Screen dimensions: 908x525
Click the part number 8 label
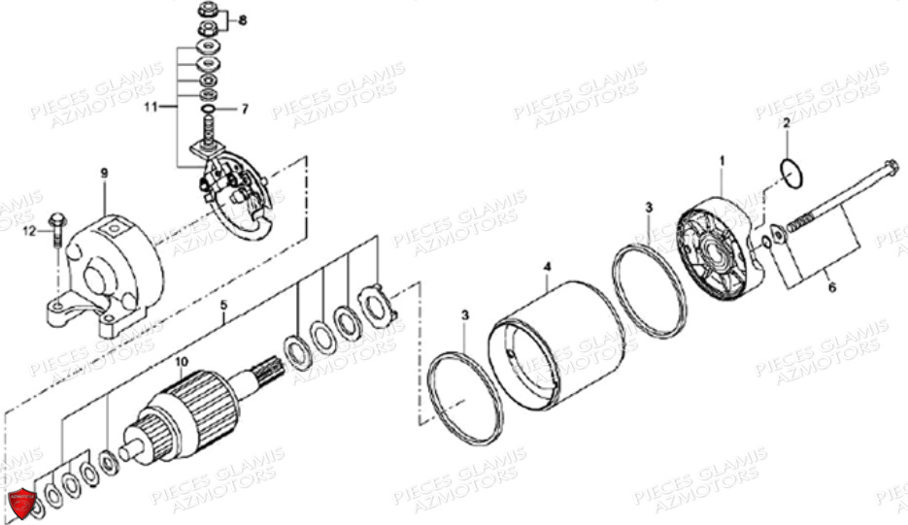pyautogui.click(x=243, y=20)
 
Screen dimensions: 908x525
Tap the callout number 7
pyautogui.click(x=245, y=109)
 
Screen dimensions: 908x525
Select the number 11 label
pyautogui.click(x=151, y=107)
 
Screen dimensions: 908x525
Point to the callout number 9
pyautogui.click(x=104, y=173)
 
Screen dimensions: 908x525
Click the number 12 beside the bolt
pyautogui.click(x=29, y=232)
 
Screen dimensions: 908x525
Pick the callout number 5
pyautogui.click(x=224, y=305)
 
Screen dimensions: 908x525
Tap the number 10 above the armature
pyautogui.click(x=182, y=362)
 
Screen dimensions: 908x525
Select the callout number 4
pyautogui.click(x=548, y=268)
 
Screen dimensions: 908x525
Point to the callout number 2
pyautogui.click(x=787, y=122)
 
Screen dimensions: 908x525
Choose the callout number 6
pyautogui.click(x=832, y=287)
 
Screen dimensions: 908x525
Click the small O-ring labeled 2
pyautogui.click(x=791, y=173)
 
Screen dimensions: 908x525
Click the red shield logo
pyautogui.click(x=22, y=503)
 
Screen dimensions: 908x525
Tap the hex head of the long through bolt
pyautogui.click(x=891, y=169)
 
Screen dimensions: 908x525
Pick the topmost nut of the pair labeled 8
pyautogui.click(x=207, y=10)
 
